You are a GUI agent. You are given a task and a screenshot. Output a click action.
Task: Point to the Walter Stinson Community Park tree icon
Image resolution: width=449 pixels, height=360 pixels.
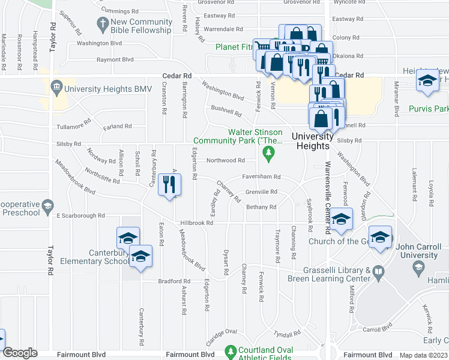tap(268, 156)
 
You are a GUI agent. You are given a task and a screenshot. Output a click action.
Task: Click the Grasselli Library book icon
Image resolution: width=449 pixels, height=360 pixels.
tap(378, 273)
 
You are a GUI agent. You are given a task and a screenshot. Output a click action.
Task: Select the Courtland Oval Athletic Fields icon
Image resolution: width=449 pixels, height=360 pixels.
tap(229, 350)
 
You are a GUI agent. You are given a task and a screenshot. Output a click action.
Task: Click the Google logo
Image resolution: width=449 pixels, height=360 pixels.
tap(20, 353)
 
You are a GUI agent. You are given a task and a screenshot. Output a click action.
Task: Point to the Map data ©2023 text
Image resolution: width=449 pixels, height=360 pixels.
tap(423, 355)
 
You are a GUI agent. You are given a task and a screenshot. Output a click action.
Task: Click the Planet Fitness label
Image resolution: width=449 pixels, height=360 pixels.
tap(239, 46)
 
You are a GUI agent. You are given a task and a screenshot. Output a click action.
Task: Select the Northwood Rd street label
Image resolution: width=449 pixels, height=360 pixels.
tap(225, 160)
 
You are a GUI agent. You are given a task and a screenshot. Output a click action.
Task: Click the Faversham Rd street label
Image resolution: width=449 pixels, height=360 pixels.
tap(262, 177)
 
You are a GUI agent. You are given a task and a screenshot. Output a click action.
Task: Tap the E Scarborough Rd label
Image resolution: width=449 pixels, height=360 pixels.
tap(80, 215)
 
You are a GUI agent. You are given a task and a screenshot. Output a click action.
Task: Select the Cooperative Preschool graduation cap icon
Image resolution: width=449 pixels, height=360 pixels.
tap(47, 207)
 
